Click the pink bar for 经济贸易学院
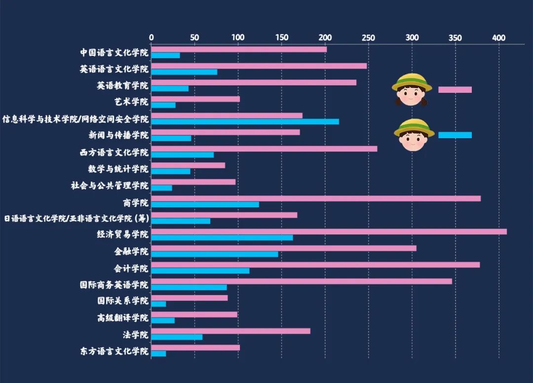(x=329, y=231)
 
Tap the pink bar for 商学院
(x=316, y=198)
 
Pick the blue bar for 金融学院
(x=215, y=254)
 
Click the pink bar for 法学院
(x=230, y=331)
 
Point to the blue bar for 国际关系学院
(x=158, y=304)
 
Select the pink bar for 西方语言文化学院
(x=264, y=149)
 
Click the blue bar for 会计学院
(x=200, y=270)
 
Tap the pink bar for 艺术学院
(x=195, y=99)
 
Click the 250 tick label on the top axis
(x=368, y=38)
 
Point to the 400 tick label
(x=499, y=38)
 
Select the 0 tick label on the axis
(x=152, y=38)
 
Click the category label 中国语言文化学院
(x=114, y=52)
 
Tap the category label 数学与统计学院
(x=118, y=169)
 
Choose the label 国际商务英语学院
(x=114, y=285)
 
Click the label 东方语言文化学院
(x=114, y=351)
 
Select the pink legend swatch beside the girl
(x=455, y=89)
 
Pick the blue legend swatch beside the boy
(x=455, y=135)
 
